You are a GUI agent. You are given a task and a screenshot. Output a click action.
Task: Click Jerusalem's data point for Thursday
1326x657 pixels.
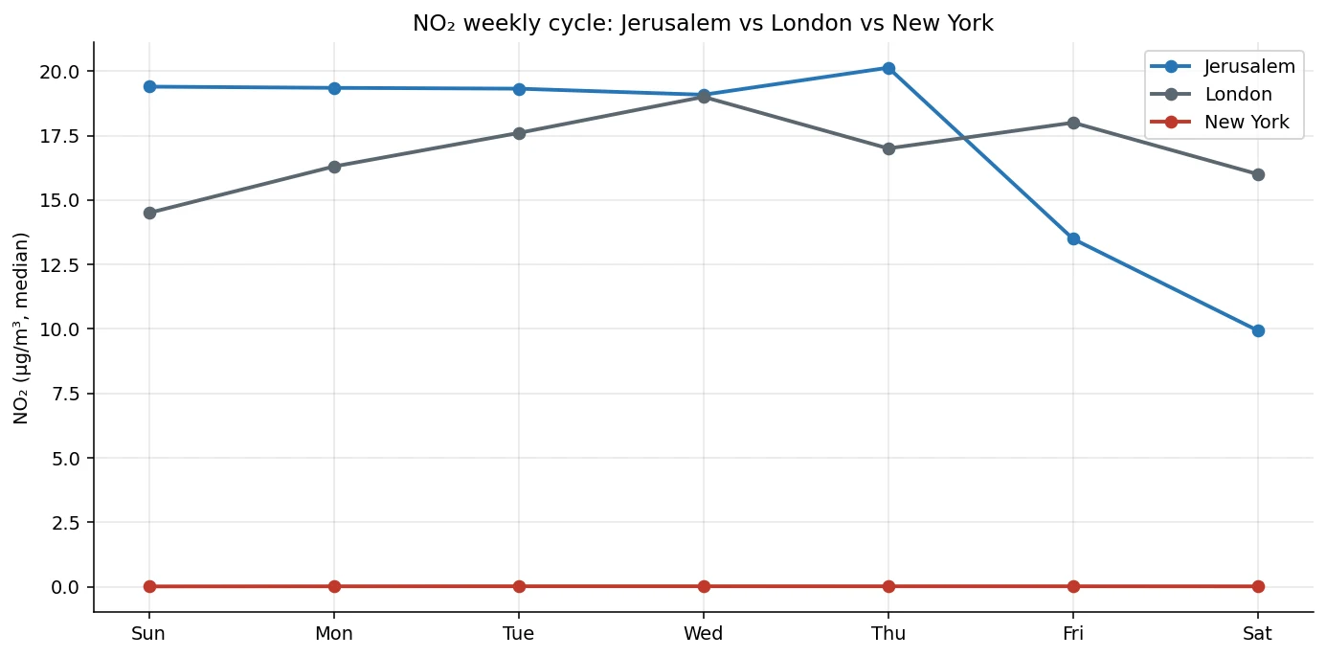888,68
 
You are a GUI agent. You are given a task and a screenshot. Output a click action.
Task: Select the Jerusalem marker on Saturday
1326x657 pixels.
1258,330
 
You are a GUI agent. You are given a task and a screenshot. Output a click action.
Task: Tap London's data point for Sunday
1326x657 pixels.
149,213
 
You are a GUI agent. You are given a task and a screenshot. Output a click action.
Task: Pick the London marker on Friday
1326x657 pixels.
1073,123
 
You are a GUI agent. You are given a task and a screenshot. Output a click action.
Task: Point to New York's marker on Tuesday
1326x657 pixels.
519,586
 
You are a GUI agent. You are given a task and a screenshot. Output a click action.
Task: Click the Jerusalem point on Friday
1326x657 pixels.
1073,238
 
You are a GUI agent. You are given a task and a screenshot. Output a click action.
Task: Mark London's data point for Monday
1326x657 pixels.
334,167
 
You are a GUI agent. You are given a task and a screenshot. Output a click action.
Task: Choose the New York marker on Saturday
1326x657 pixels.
1258,586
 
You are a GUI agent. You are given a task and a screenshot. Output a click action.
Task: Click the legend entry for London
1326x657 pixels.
1238,95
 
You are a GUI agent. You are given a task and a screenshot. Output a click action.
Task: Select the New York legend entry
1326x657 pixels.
1247,123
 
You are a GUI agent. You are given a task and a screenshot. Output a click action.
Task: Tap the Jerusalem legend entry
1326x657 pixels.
1249,67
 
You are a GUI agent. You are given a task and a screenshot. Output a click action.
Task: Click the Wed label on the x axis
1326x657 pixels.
704,634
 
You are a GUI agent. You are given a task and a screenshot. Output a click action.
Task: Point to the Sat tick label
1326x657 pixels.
1258,634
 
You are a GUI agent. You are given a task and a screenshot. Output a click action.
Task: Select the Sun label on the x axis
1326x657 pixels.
149,634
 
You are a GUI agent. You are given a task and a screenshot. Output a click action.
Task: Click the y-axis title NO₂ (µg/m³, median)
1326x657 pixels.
21,328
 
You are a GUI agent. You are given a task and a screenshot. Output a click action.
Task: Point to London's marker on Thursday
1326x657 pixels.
888,148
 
